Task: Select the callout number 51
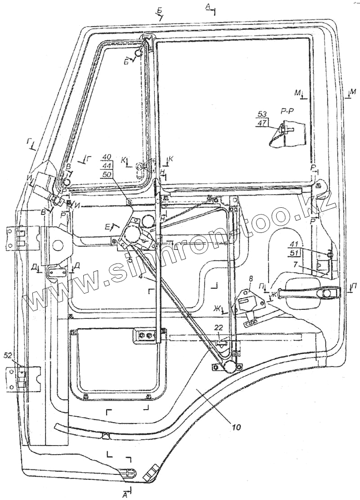(294, 254)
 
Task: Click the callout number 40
(107, 157)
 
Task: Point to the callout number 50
(107, 174)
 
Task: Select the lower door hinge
(22, 378)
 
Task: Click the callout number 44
(107, 165)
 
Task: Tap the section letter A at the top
(207, 6)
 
